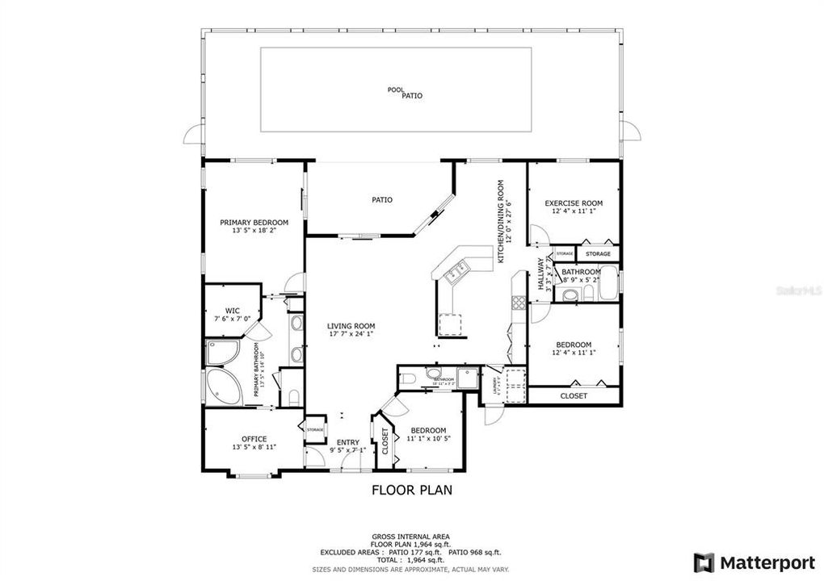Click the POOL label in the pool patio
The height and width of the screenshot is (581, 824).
pos(395,90)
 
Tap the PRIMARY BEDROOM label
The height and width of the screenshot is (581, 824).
pos(254,222)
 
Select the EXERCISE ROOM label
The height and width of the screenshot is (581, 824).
pos(574,203)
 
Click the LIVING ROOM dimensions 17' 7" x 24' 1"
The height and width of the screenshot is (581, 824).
pos(351,334)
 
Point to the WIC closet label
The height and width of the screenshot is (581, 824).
pos(233,310)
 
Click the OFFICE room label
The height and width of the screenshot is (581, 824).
pos(254,439)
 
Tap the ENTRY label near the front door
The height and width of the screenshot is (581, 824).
pos(348,441)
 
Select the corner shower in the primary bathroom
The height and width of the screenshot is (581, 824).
pos(221,353)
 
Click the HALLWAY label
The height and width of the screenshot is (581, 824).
pos(540,274)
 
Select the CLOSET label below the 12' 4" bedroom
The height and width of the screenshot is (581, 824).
pos(574,396)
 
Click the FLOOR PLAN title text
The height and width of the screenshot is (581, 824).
pos(411,489)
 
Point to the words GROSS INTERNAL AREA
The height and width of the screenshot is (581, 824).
pos(411,536)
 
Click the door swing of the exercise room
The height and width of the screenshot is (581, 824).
pos(539,235)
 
